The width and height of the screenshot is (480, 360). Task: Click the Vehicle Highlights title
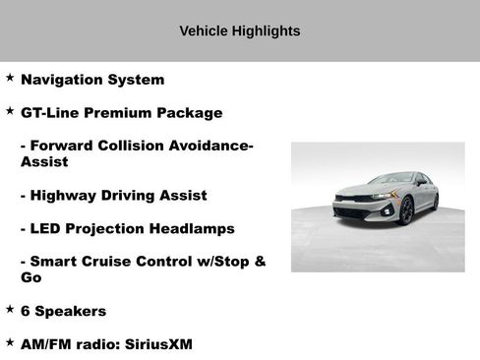pyautogui.click(x=240, y=30)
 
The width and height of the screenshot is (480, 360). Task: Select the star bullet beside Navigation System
pyautogui.click(x=10, y=77)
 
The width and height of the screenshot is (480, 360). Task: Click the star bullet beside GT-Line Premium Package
pyautogui.click(x=10, y=110)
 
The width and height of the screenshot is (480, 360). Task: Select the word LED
pyautogui.click(x=48, y=229)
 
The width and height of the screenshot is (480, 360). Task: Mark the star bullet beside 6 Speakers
pyautogui.click(x=10, y=309)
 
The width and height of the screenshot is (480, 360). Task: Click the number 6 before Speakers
pyautogui.click(x=26, y=312)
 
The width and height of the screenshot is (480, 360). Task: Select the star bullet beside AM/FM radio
pyautogui.click(x=10, y=342)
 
